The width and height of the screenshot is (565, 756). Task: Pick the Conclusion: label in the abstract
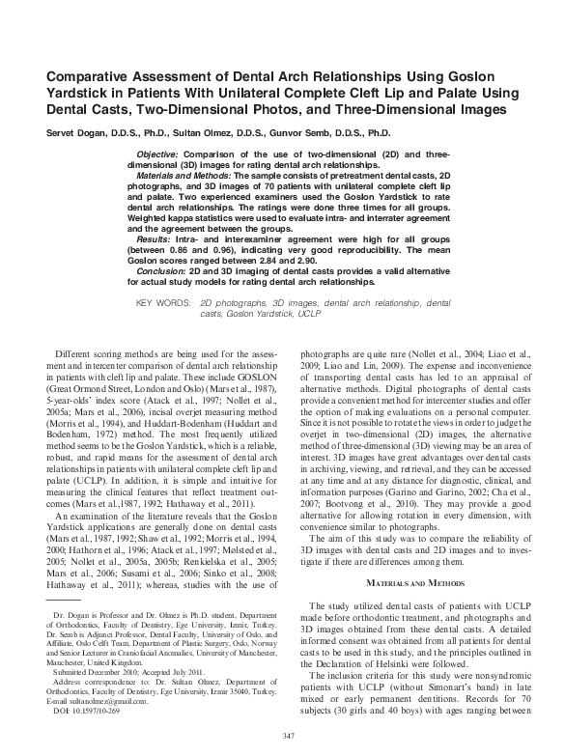pos(167,271)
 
